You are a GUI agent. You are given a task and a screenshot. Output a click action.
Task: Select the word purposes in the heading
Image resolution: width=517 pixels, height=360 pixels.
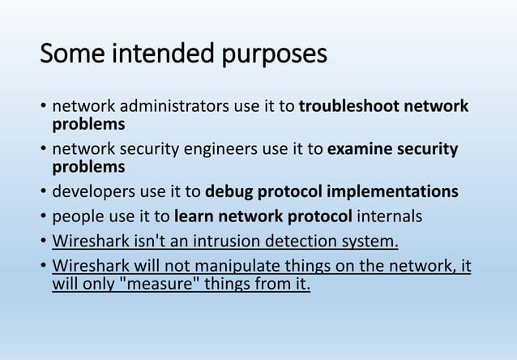275,55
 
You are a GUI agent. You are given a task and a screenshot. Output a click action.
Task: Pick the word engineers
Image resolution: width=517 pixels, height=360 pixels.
233,150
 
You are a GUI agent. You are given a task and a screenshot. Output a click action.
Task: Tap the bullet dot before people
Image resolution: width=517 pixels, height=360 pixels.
41,218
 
